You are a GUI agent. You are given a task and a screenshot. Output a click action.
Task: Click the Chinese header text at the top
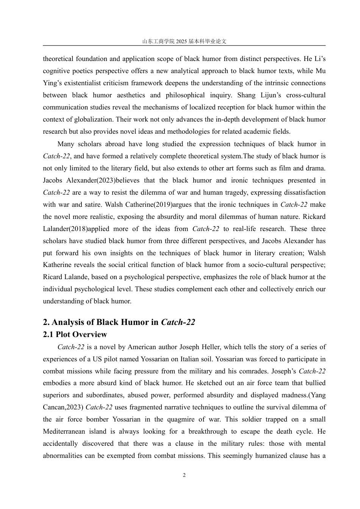(184, 41)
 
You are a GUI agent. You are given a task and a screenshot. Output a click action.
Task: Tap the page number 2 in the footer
(184, 475)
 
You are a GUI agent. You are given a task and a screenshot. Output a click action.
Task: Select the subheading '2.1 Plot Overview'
(75, 334)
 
